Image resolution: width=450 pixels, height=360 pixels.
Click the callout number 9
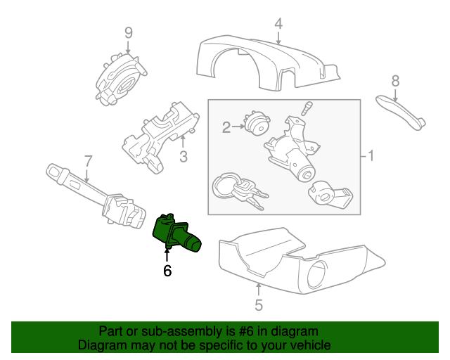(129, 32)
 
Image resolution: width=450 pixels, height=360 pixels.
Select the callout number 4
(278, 24)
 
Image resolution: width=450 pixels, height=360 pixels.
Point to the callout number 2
(226, 127)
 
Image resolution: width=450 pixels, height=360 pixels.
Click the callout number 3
(183, 157)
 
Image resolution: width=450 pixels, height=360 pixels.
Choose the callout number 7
(88, 161)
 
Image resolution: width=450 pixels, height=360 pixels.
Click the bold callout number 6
(167, 270)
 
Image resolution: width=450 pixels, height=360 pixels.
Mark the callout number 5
(258, 304)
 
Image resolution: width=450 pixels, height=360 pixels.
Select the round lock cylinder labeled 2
(256, 125)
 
